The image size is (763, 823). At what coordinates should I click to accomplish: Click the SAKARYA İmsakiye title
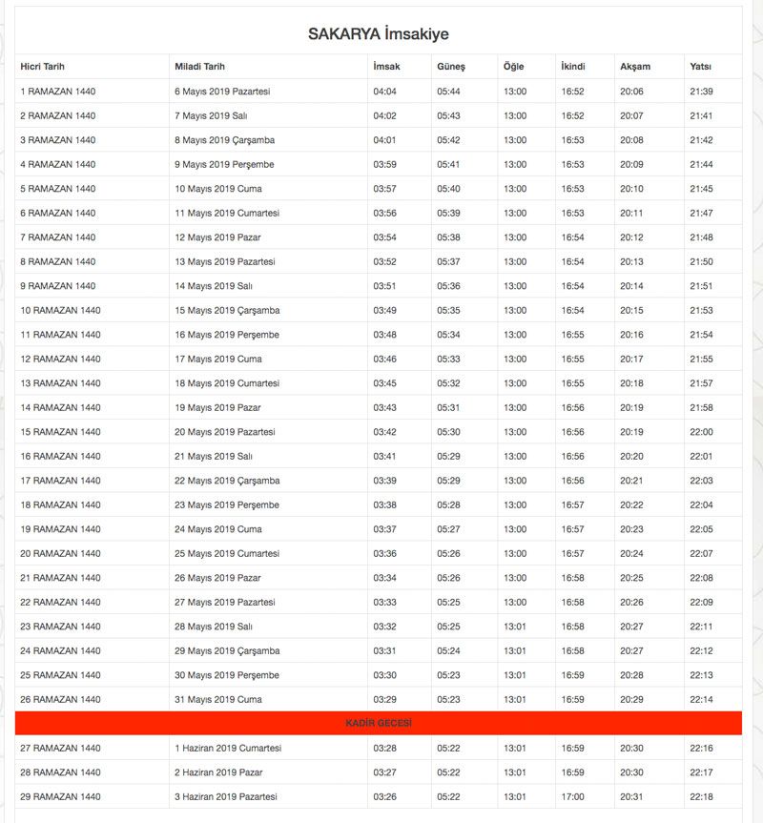pos(378,34)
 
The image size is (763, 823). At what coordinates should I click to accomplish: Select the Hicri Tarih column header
pos(49,67)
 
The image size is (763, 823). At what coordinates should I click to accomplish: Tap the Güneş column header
pos(450,67)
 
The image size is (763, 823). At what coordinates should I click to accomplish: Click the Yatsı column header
pos(700,67)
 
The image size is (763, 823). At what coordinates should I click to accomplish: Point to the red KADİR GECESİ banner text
pos(378,724)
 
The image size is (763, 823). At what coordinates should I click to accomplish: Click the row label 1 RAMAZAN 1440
pos(58,92)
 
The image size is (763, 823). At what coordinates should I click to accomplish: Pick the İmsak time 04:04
pos(384,92)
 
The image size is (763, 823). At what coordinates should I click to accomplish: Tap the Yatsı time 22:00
pos(701,432)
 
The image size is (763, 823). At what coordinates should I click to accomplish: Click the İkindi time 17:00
pos(573,797)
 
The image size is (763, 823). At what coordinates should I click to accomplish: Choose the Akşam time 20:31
pos(631,797)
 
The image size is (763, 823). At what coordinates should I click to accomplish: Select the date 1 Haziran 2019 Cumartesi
pos(227,749)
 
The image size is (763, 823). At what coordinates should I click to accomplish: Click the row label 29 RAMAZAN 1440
pos(60,797)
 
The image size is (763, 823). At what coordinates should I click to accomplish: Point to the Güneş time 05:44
pos(448,92)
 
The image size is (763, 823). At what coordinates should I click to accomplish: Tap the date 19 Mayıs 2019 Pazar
pos(217,408)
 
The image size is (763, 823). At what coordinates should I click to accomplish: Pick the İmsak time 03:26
pos(384,797)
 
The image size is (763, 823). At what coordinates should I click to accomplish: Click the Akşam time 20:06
pos(631,92)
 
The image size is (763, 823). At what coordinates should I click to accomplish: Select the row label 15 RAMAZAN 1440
pos(60,432)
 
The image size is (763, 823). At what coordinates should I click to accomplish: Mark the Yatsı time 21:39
pos(701,92)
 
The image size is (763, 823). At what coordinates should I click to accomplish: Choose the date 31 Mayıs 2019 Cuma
pos(217,700)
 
